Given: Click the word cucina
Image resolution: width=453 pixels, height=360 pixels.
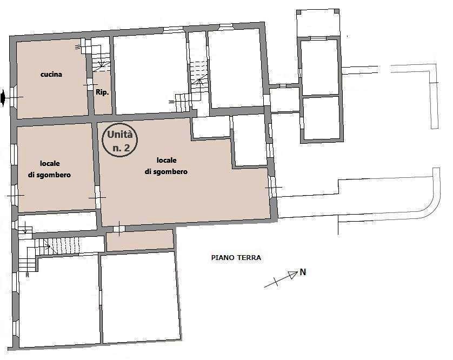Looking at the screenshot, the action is point(51,75).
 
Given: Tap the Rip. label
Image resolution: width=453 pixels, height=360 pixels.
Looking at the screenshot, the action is point(102,92).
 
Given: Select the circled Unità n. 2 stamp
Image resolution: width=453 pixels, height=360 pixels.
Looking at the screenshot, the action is point(120,140).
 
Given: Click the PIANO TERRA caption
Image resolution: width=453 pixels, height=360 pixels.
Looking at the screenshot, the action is point(236,257).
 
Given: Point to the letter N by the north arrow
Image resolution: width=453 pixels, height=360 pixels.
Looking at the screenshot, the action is point(303,272).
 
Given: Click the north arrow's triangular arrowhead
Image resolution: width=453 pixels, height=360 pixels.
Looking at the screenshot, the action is point(293,275).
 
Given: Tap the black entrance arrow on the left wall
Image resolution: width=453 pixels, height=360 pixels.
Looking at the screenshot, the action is point(3,98).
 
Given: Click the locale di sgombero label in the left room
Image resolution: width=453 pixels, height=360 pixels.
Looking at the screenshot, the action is point(49,169).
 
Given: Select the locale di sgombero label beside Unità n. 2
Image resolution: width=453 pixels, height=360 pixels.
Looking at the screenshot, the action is point(166,166).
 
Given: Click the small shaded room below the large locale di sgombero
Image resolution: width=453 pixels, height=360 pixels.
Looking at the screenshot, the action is point(140,241).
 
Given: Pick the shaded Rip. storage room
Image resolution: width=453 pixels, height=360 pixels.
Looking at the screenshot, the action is point(103,92).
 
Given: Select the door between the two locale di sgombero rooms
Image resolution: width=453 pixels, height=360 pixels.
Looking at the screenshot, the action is point(98,198).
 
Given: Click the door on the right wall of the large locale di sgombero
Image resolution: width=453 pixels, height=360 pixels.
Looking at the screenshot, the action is point(272,187).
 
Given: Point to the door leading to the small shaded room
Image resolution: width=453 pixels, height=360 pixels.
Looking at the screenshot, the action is point(119,229).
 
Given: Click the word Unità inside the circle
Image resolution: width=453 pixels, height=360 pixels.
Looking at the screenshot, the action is point(120,135).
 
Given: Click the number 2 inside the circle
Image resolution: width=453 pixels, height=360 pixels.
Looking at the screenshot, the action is point(126,148).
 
